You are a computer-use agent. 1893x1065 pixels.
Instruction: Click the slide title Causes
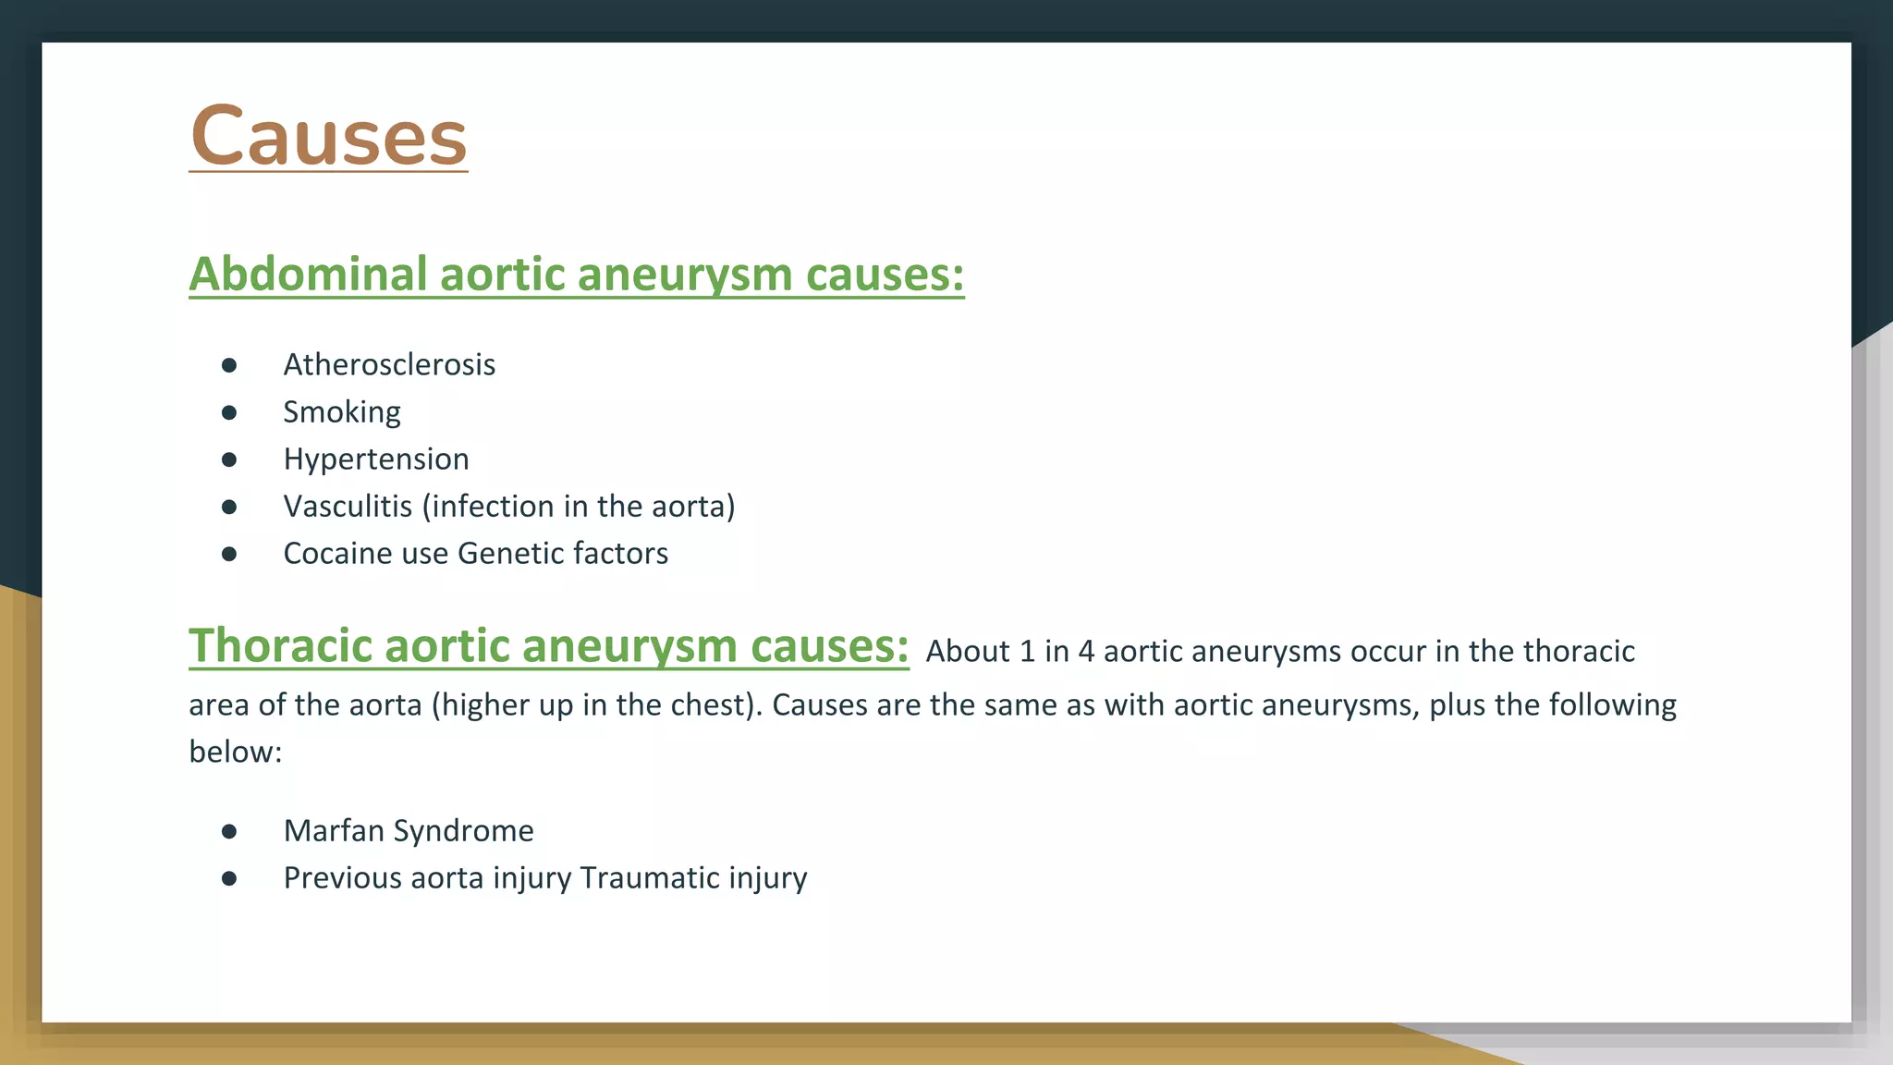click(x=328, y=137)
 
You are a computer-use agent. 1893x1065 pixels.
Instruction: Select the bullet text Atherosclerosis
click(x=389, y=365)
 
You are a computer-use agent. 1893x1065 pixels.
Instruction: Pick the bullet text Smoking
click(x=342, y=412)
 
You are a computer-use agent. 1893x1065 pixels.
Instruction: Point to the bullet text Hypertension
click(x=376, y=459)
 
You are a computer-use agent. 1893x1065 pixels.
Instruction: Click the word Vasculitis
click(x=348, y=507)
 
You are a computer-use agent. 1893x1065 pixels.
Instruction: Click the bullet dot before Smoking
click(x=229, y=412)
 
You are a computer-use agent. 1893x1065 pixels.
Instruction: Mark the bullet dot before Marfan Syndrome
click(x=229, y=831)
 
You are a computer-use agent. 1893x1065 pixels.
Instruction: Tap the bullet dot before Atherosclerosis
click(x=229, y=365)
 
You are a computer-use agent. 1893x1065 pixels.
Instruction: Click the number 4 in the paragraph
click(x=1086, y=652)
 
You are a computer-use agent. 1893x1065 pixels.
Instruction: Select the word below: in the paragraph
click(x=235, y=753)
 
